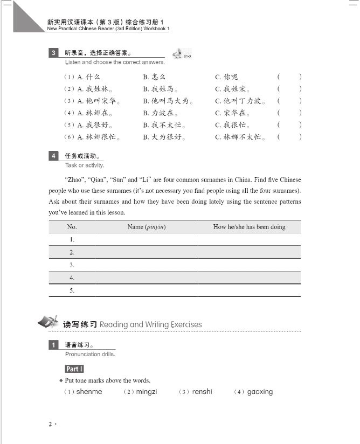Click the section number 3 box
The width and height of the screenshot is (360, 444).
54,53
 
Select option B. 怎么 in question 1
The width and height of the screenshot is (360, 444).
155,77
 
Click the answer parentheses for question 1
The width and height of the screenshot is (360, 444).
289,77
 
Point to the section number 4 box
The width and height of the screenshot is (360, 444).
54,156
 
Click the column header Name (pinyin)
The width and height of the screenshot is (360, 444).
146,227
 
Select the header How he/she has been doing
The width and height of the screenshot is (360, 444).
249,227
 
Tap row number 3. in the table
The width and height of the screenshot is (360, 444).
72,265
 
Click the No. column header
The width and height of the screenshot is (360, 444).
72,227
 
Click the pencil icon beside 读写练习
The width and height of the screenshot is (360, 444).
47,323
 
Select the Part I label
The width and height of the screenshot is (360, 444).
74,369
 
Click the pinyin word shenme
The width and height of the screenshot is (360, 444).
89,392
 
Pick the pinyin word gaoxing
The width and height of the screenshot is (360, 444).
260,392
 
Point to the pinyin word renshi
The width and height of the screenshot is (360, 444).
202,392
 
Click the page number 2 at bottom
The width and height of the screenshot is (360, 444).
51,425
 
